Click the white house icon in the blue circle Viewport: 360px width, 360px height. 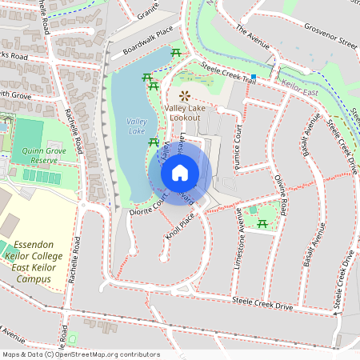(179, 172)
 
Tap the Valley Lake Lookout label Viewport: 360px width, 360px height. (190, 112)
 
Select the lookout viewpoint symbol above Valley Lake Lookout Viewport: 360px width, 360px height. (185, 95)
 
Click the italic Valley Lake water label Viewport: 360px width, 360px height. (137, 126)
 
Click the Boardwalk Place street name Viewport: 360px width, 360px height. (148, 42)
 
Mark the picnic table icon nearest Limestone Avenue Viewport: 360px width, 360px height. (262, 226)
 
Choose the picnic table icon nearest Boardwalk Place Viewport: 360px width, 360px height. (176, 53)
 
